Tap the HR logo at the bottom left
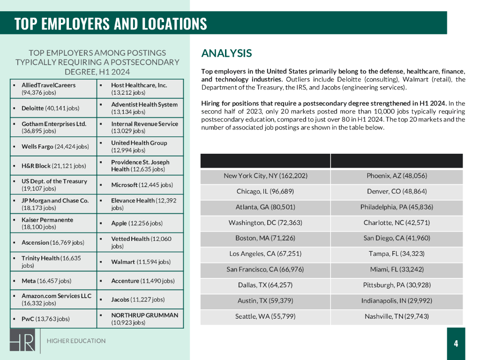[22, 340]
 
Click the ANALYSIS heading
[226, 53]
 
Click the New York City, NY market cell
[265, 176]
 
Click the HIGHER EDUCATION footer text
[76, 341]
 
